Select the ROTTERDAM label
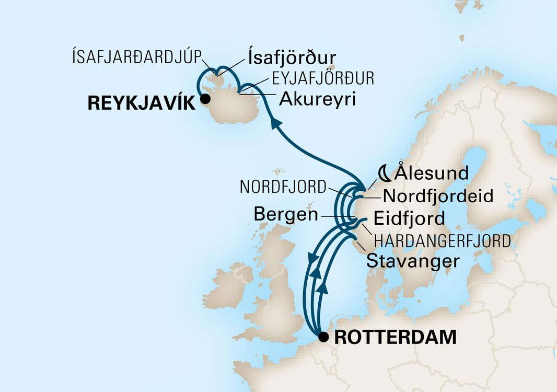(395, 338)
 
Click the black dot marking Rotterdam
(325, 337)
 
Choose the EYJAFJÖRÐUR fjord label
(323, 79)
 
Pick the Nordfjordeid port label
(438, 196)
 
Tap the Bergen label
(285, 214)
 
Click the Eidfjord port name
(409, 218)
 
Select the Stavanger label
(413, 261)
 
